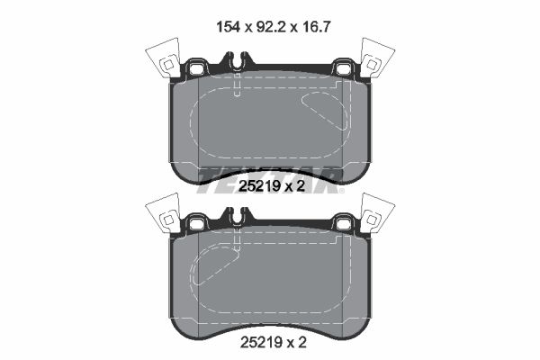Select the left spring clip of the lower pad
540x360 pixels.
coord(164,214)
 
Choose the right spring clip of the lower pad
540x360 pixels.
coord(375,214)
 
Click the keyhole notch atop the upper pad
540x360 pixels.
coord(235,64)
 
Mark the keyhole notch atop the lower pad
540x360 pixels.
coord(235,217)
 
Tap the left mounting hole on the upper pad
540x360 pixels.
coord(195,67)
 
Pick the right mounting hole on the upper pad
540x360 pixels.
coord(343,67)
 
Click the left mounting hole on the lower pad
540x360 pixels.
coord(195,220)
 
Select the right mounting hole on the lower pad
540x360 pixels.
coord(343,220)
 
